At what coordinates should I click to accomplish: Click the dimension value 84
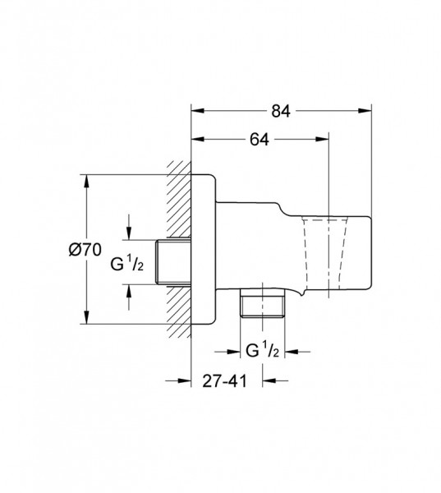pyautogui.click(x=281, y=111)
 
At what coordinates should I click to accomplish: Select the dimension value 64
pyautogui.click(x=260, y=140)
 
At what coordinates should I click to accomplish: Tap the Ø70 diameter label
pyautogui.click(x=85, y=250)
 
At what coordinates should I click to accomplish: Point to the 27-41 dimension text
pyautogui.click(x=224, y=381)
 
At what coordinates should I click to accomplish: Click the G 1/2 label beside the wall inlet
pyautogui.click(x=127, y=264)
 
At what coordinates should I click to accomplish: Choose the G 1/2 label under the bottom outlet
pyautogui.click(x=262, y=351)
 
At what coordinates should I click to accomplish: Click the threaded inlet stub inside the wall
pyautogui.click(x=173, y=262)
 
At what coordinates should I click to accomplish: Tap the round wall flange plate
pyautogui.click(x=204, y=249)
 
